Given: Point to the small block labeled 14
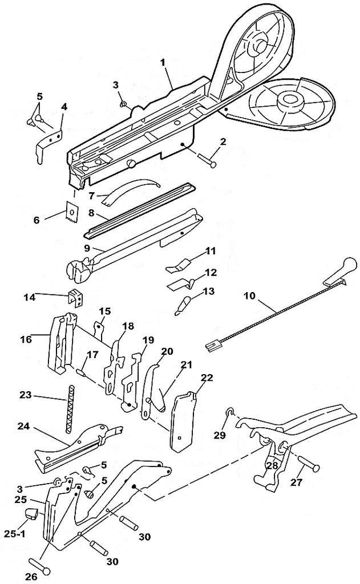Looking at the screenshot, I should [75, 297].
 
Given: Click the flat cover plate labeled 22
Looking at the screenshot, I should [183, 419].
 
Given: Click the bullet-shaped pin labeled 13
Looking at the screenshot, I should [182, 303].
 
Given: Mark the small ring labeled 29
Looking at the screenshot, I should [228, 412].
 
